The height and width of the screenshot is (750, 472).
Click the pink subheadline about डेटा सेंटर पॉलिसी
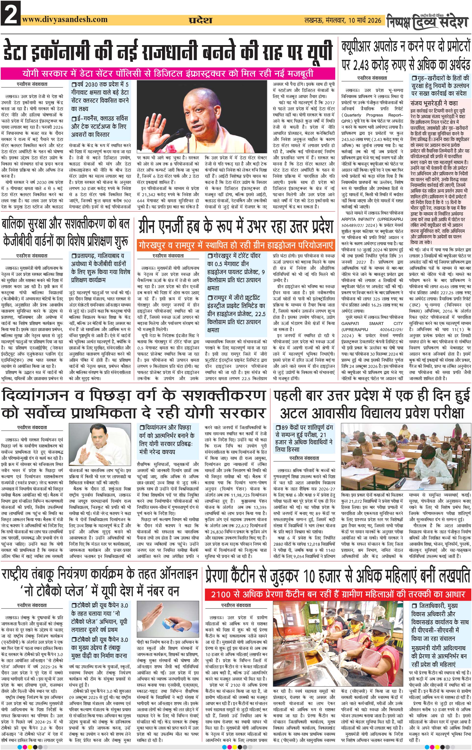[x=168, y=74]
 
